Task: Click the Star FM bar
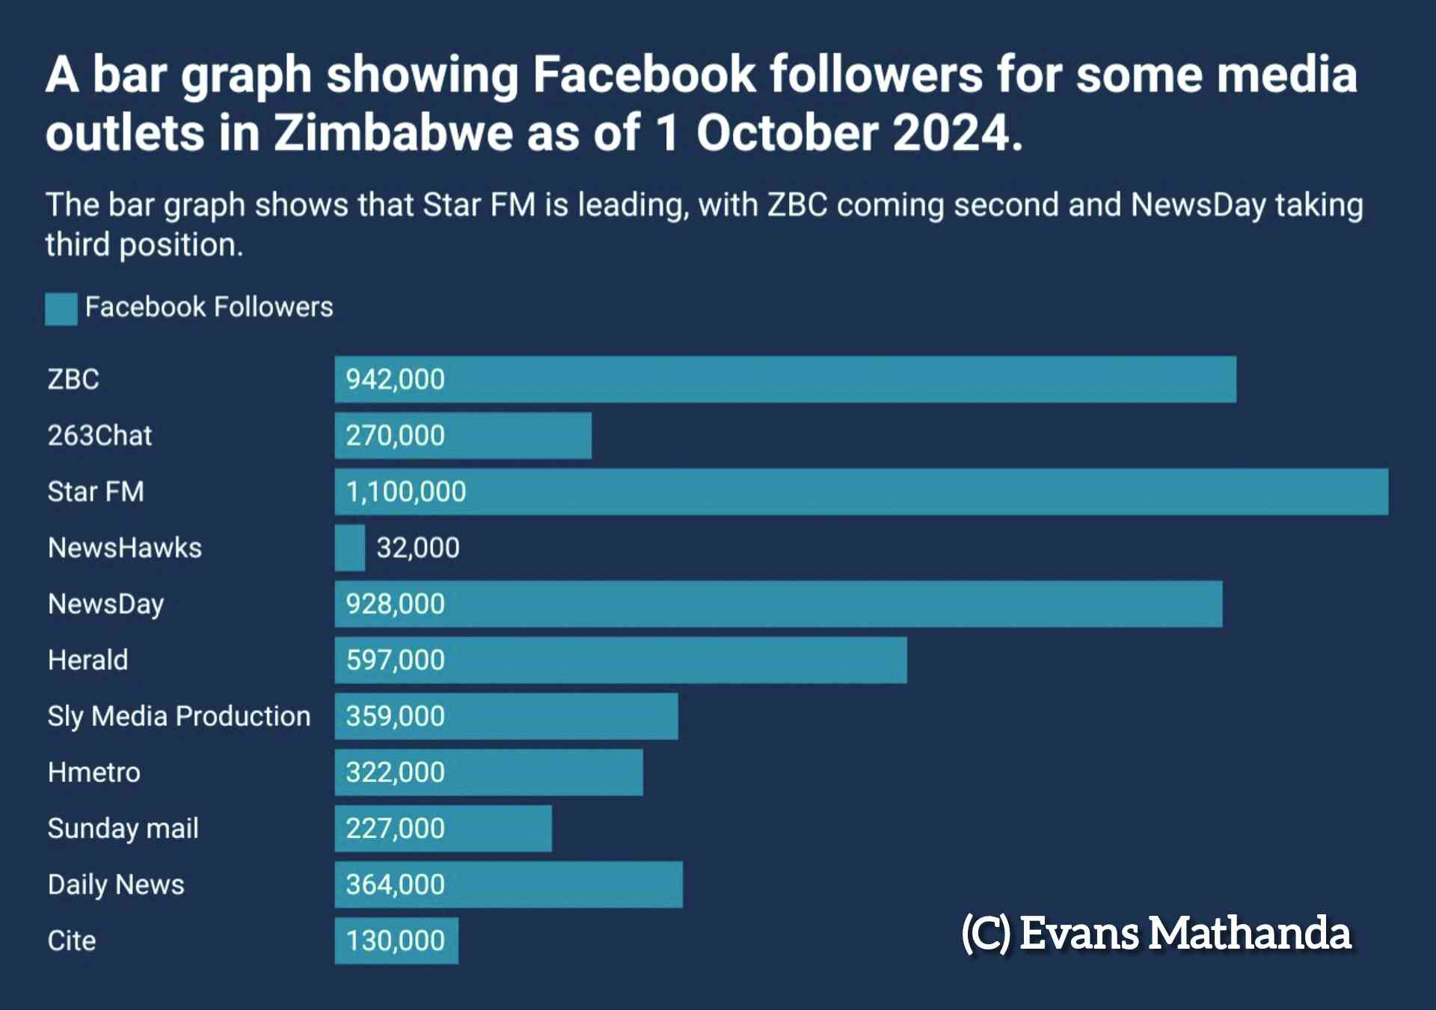pos(860,492)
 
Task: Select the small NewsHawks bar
pos(349,548)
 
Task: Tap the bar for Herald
pos(621,660)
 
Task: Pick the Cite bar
pos(396,940)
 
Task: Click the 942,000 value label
pos(395,380)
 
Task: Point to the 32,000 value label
pos(417,548)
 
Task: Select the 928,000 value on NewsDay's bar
pos(395,604)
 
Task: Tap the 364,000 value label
pos(395,884)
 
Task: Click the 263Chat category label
pos(99,436)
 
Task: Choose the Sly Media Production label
pos(179,716)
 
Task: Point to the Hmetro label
pos(93,772)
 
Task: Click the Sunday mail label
pos(123,828)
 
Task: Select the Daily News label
pos(116,884)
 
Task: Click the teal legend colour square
pos(61,309)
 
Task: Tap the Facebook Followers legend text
pos(209,307)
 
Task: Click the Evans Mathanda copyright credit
pos(1156,933)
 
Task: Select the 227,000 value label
pos(395,828)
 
